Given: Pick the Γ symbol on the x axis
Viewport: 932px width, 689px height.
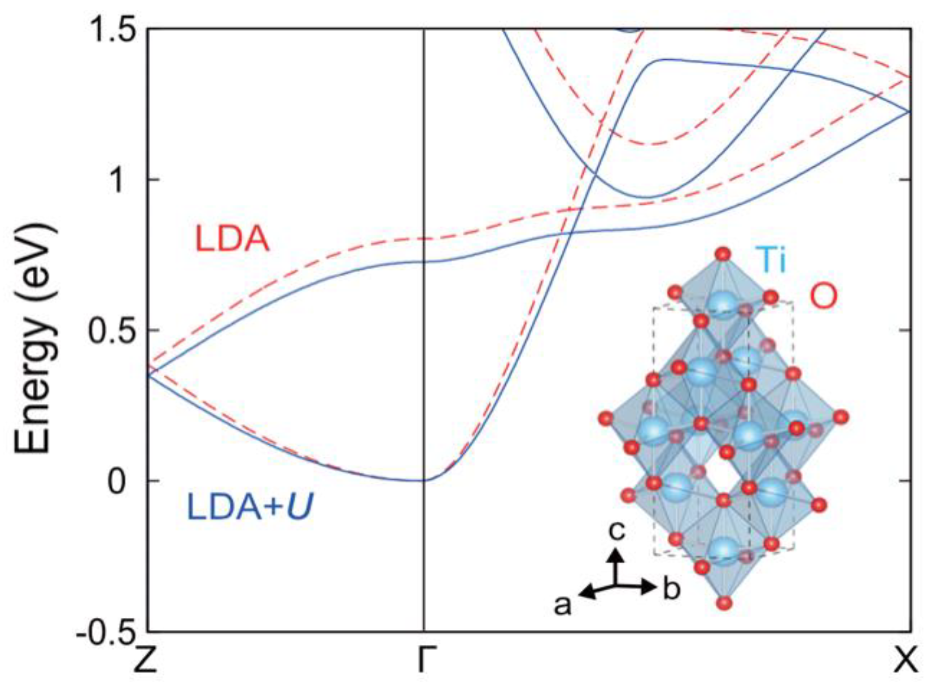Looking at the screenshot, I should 425,660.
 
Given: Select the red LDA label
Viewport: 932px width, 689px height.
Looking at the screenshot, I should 232,240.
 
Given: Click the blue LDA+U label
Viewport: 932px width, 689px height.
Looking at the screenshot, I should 250,508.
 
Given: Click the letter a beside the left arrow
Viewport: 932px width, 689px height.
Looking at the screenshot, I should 562,605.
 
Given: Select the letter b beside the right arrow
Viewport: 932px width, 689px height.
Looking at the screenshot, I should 672,590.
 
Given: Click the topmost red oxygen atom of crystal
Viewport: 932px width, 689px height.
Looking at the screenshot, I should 723,254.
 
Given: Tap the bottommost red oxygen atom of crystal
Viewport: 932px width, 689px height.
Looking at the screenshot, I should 724,603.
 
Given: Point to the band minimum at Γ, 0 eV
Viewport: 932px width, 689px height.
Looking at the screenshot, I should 425,480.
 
